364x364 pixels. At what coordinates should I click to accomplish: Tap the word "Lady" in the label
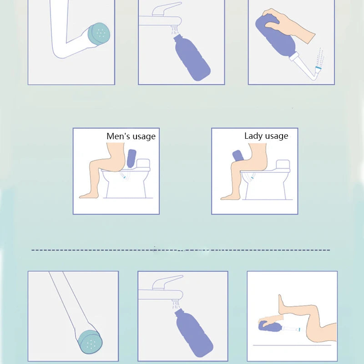[x=253, y=136]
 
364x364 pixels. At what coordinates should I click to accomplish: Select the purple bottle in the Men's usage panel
[x=132, y=158]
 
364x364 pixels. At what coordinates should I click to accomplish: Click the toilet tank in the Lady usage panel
[x=283, y=165]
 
